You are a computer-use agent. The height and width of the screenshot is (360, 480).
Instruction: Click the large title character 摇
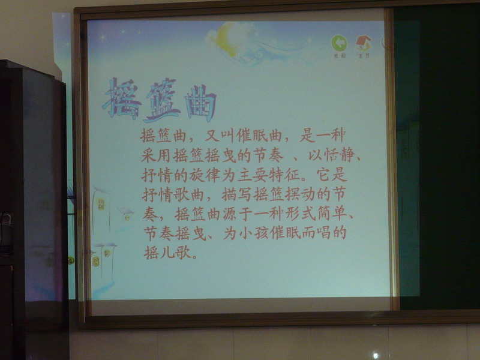[x=122, y=98]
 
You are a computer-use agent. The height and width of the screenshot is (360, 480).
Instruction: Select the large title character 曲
[x=200, y=103]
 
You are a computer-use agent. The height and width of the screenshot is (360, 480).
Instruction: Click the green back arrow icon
[x=339, y=43]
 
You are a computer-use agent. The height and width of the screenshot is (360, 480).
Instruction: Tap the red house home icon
[x=364, y=43]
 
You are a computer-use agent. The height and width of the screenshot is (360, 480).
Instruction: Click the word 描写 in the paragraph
[x=236, y=194]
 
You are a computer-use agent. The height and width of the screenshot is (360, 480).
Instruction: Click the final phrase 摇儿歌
[x=167, y=253]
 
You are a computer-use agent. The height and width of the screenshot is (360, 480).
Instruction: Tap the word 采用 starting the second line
[x=156, y=155]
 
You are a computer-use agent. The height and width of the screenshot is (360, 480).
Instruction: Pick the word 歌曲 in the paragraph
[x=189, y=194]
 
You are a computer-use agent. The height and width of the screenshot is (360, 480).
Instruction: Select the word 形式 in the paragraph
[x=301, y=214]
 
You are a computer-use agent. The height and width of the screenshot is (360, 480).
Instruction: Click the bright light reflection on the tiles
[x=376, y=356]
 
